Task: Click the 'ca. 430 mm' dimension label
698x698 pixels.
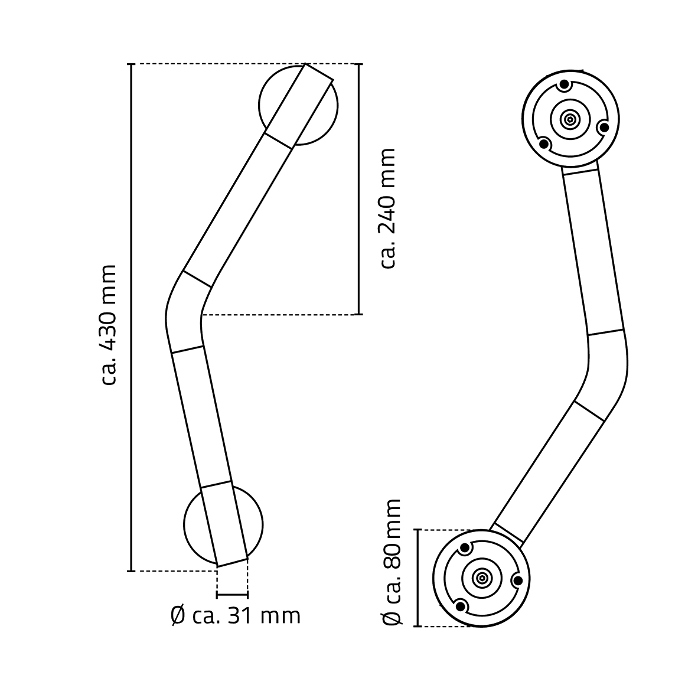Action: click(x=109, y=325)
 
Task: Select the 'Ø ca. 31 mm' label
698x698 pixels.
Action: click(x=235, y=615)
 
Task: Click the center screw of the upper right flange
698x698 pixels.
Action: click(x=570, y=119)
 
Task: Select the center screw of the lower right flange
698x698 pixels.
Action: click(x=482, y=578)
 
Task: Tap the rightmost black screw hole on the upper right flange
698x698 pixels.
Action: click(x=604, y=127)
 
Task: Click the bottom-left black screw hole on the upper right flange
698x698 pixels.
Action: click(x=545, y=143)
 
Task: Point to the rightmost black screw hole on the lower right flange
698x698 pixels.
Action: click(x=517, y=580)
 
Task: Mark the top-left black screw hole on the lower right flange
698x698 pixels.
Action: click(x=465, y=549)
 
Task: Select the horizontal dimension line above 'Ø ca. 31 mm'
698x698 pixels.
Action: click(x=233, y=593)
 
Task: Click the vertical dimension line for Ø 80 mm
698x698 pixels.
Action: click(x=418, y=578)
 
